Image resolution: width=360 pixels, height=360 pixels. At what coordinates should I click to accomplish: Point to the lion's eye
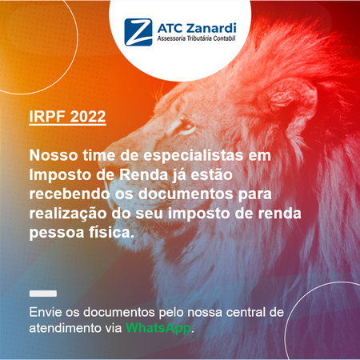point(186,126)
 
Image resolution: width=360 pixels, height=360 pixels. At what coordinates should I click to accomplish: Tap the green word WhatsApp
point(159,328)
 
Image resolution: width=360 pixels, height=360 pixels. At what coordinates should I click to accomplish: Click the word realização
point(63,214)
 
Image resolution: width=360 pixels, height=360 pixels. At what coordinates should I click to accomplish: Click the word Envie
point(43,311)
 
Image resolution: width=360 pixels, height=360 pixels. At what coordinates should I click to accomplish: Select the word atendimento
point(63,328)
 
